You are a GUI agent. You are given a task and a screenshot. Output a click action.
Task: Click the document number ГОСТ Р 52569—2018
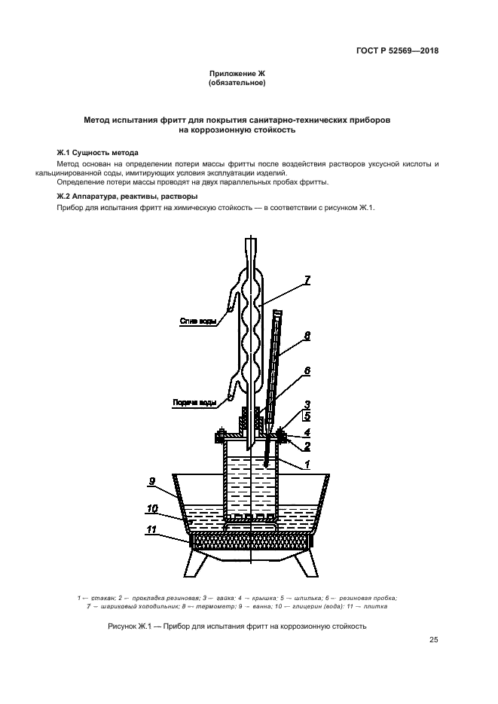398,51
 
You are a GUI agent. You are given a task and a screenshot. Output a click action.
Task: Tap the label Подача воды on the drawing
197,402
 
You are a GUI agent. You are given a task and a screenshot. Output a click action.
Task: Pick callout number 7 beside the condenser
307,281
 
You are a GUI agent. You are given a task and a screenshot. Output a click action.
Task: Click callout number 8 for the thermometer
307,337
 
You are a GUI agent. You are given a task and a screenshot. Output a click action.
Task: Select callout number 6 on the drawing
307,370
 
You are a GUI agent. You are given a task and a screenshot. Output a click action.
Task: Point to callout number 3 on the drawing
307,404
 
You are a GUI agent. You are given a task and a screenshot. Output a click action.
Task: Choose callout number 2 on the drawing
307,446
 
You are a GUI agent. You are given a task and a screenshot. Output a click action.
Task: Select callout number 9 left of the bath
151,480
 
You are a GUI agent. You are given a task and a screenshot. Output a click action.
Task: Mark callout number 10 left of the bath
151,508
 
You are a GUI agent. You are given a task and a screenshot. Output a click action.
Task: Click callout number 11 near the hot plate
151,530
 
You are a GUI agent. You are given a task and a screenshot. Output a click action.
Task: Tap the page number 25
433,640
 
